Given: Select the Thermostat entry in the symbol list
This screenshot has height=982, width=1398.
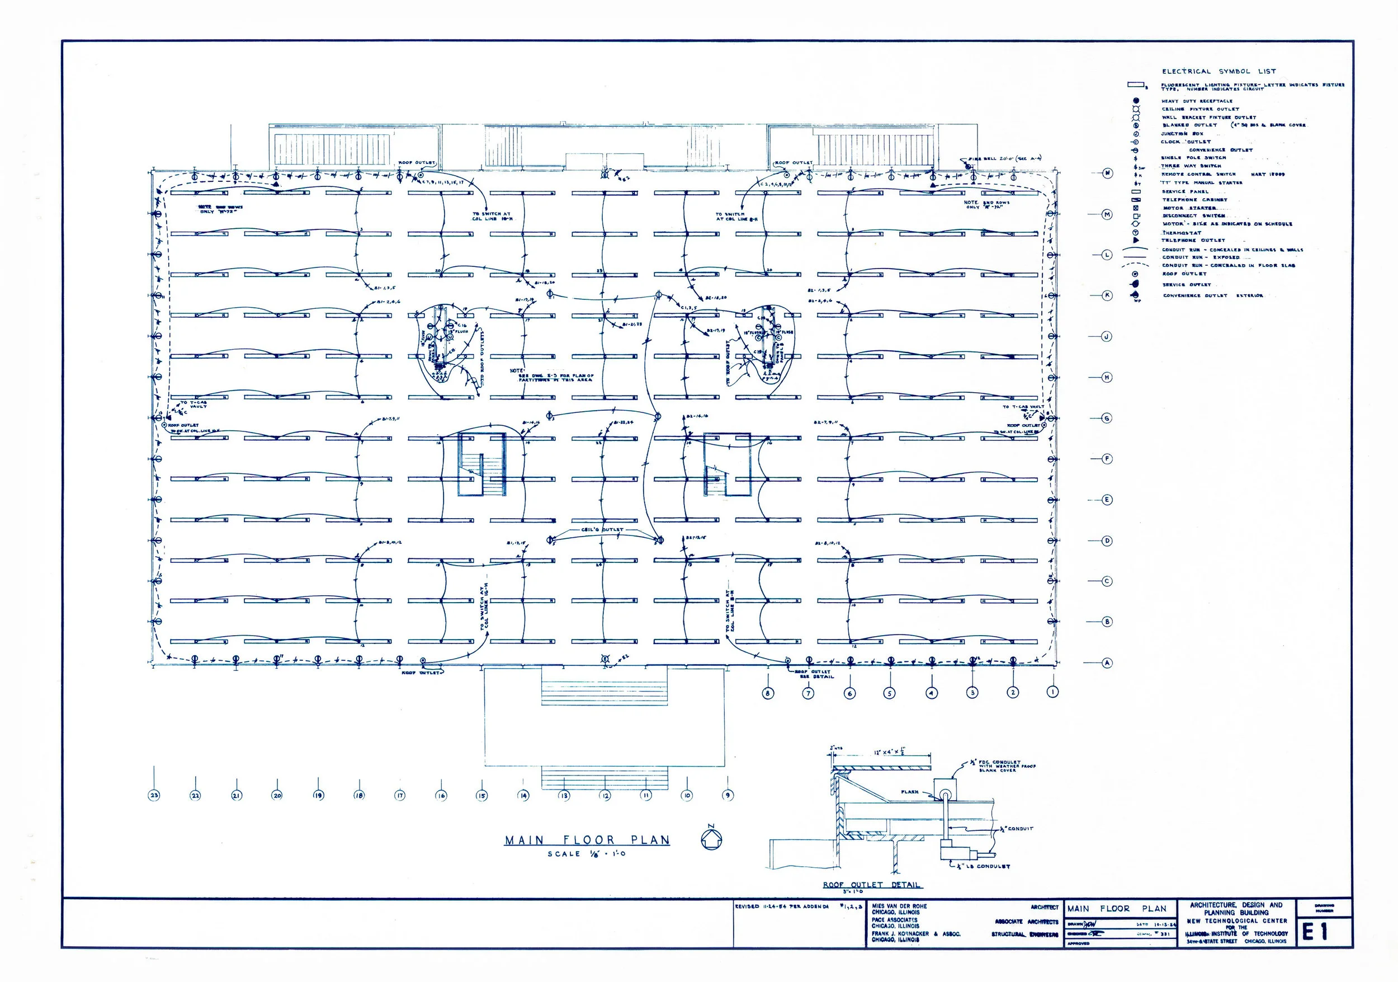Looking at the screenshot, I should pyautogui.click(x=1181, y=233).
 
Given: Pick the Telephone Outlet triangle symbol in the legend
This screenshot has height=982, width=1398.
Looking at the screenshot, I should pyautogui.click(x=1136, y=241).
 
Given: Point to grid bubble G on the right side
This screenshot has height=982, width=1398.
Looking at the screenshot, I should pyautogui.click(x=1107, y=419).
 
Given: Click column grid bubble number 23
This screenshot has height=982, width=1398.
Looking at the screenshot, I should pyautogui.click(x=154, y=795).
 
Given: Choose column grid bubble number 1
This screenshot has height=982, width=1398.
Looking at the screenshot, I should pyautogui.click(x=1053, y=692).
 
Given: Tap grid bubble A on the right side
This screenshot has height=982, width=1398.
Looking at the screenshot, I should pyautogui.click(x=1107, y=663).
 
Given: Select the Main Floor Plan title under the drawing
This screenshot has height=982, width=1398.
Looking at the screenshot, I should pyautogui.click(x=587, y=840).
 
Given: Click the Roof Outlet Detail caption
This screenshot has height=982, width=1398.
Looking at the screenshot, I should pyautogui.click(x=872, y=885).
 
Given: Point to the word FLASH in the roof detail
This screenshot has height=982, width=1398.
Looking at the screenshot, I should pyautogui.click(x=910, y=792).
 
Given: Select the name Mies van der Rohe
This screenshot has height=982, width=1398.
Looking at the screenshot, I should pyautogui.click(x=899, y=906).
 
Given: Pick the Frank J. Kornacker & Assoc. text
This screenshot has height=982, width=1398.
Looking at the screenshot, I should pyautogui.click(x=916, y=933).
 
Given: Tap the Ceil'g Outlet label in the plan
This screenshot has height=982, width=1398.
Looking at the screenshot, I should pyautogui.click(x=602, y=529).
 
